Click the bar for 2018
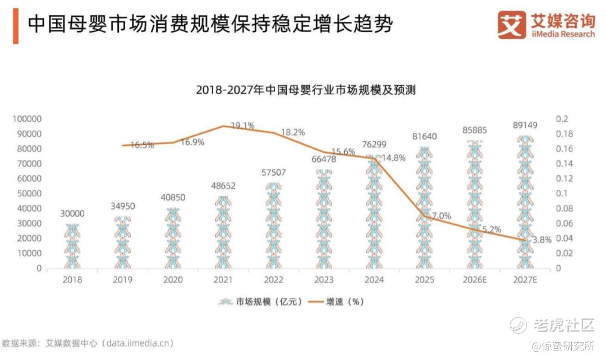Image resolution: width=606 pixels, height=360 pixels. pos(72,246)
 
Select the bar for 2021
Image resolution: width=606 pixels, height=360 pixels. pos(223,232)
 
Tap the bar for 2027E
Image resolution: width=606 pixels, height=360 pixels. pos(525,202)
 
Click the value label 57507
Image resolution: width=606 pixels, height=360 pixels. pos(274,172)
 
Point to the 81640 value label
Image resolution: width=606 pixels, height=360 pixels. pos(424,136)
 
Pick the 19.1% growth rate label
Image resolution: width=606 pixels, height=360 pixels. pos(243,126)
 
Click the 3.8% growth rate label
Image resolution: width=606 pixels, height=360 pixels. pos(542,240)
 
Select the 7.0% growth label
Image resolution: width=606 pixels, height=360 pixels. pos(442,216)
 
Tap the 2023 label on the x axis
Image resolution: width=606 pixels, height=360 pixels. pos(324,279)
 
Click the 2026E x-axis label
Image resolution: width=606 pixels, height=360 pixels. pos(475,279)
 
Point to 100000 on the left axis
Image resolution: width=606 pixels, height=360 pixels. pos(27,118)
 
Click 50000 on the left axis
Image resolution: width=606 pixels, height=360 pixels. pos(29,193)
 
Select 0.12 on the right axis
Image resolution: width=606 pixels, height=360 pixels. pos(564,178)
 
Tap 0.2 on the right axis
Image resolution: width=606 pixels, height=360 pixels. pos(562,118)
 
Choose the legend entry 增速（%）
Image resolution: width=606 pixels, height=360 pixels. pos(336,302)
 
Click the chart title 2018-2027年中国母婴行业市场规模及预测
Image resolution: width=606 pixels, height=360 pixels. pos(306,90)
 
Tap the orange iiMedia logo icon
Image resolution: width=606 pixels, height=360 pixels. pos(512,25)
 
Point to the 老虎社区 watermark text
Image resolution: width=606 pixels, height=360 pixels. pos(564,325)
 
